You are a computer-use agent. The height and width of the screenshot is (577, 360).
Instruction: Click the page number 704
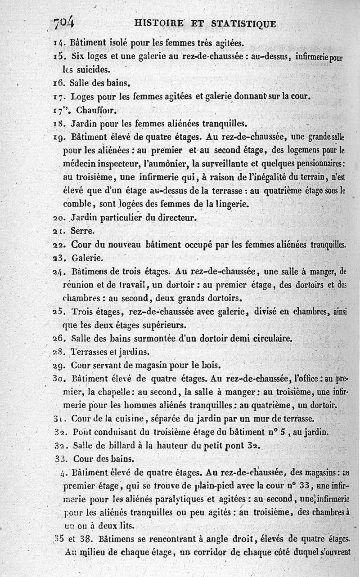(64, 22)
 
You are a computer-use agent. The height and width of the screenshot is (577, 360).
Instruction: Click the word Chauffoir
(94, 110)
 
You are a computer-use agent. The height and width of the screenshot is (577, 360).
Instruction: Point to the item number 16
(59, 83)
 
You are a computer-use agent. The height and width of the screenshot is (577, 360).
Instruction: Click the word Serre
(82, 231)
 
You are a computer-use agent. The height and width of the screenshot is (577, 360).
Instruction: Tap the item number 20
(59, 218)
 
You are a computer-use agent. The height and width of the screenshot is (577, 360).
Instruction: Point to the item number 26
(59, 339)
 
